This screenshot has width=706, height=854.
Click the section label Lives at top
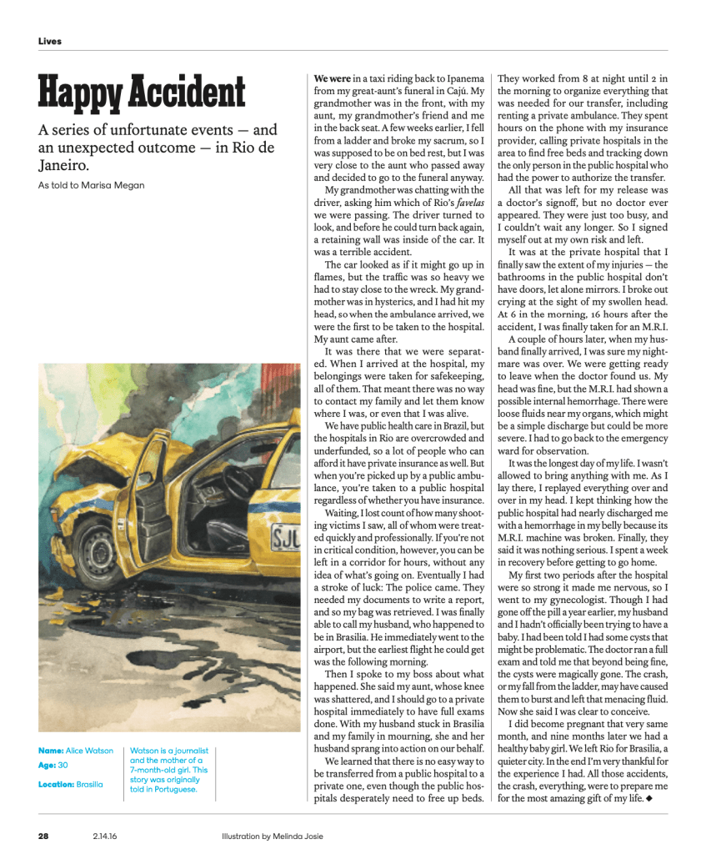coord(49,41)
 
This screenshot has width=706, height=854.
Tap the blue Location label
coord(56,784)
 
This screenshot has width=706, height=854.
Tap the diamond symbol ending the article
coord(648,799)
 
